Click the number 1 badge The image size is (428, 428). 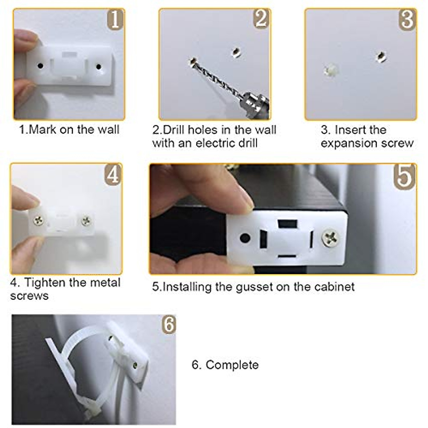coord(115,20)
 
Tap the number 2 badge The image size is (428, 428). coord(261,19)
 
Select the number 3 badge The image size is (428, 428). coord(407,20)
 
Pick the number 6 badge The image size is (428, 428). coord(168,325)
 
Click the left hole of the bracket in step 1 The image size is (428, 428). coord(40,66)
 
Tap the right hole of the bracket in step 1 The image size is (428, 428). coord(98,66)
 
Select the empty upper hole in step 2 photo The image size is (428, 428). coord(235,52)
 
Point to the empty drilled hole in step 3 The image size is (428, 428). coord(381,56)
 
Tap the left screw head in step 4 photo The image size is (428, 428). coord(39,221)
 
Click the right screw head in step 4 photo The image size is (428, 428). coord(86,221)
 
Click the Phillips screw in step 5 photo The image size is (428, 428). coord(331,238)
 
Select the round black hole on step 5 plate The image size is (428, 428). coord(245,238)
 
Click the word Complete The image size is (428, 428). coord(232,365)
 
